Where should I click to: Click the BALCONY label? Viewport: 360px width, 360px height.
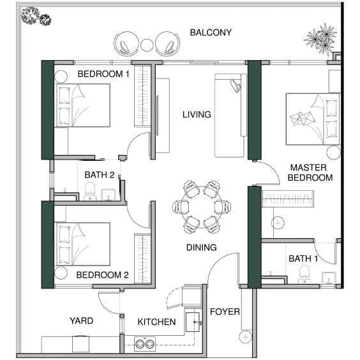(211, 33)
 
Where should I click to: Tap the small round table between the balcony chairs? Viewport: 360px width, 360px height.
(147, 45)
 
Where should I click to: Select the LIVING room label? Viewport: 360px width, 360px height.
(197, 114)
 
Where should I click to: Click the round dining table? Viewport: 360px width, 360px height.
(202, 207)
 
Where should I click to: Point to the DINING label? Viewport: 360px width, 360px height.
(201, 248)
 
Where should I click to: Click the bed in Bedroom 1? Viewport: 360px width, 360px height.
(82, 105)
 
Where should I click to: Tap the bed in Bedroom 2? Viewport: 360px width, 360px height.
(82, 244)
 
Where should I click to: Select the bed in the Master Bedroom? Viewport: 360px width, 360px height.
(313, 119)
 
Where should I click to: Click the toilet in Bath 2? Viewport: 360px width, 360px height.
(90, 191)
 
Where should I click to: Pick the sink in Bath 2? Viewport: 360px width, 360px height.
(109, 195)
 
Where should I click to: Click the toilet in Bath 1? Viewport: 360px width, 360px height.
(304, 274)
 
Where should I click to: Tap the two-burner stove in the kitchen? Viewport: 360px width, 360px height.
(145, 344)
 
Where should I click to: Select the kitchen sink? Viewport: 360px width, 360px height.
(193, 322)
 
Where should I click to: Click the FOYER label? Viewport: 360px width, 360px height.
(225, 311)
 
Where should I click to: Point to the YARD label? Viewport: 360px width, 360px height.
(81, 320)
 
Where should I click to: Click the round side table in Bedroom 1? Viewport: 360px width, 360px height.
(61, 77)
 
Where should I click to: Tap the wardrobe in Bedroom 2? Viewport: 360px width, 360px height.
(142, 259)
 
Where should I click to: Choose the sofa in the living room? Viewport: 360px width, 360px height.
(230, 116)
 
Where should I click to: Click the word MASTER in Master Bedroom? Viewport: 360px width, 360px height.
(308, 168)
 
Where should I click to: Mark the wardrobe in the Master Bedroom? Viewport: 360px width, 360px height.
(288, 199)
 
